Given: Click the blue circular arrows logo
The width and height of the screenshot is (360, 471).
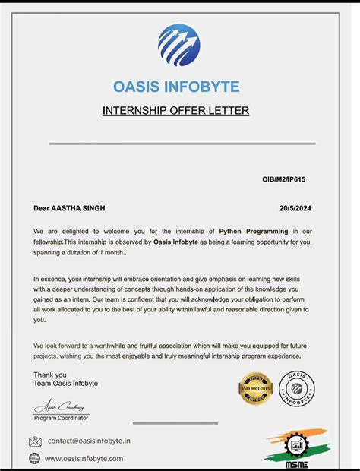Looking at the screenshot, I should tap(179, 45).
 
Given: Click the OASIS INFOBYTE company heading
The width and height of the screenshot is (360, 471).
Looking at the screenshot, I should tap(176, 87).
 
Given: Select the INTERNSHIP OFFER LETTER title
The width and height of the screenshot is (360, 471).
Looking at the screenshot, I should tap(176, 111).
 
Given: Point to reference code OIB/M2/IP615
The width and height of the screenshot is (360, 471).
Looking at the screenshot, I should tap(284, 179).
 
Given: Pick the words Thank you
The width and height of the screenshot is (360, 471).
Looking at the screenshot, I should tap(50, 374).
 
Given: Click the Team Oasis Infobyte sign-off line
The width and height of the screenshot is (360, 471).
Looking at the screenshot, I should tap(65, 383).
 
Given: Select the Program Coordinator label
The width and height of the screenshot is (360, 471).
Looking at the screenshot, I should tap(62, 418).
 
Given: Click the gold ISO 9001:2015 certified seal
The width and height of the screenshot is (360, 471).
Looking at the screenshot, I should tap(255, 388).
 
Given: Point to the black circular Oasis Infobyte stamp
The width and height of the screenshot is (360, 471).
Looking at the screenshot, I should tap(296, 388).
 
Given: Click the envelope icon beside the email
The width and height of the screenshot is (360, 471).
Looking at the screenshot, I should tap(35, 441).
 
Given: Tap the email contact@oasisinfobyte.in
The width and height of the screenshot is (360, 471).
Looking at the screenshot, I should tap(89, 441).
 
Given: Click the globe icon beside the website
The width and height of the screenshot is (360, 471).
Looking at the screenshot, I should tap(35, 458).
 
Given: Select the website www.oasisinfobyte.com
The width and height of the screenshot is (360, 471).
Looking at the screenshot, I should tap(84, 458).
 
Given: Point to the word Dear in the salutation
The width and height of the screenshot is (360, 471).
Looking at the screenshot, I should tap(41, 207).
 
